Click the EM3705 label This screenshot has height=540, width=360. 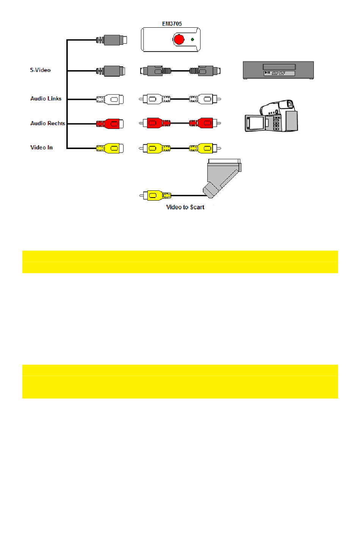[x=172, y=24]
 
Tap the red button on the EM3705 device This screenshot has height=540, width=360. [x=179, y=39]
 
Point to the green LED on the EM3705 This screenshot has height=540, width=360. [x=192, y=39]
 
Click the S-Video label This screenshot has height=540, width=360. [x=40, y=70]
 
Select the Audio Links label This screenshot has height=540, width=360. [x=46, y=99]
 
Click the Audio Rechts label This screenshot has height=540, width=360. [x=48, y=123]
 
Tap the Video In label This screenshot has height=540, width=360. [x=41, y=148]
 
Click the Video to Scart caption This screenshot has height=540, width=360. [x=185, y=207]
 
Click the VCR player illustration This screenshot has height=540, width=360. [x=278, y=70]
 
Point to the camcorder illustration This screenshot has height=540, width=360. [x=271, y=116]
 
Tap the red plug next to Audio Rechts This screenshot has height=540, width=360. [x=110, y=124]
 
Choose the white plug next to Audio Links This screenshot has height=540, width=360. [x=110, y=99]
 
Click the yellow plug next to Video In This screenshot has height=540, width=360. [x=110, y=149]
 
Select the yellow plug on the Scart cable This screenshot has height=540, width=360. [x=155, y=196]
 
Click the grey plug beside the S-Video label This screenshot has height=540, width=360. [x=110, y=71]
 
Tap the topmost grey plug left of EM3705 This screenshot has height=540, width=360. [x=111, y=40]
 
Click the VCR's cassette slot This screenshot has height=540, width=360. [x=279, y=67]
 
